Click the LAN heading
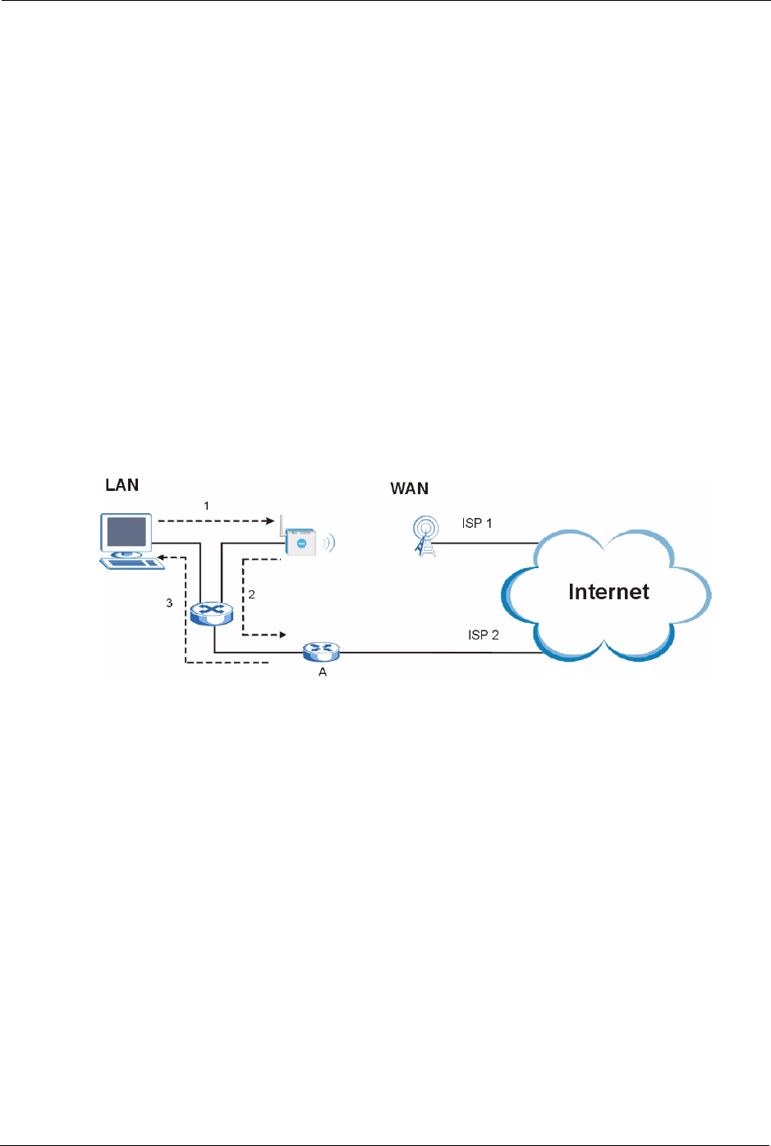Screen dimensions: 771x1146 point(122,485)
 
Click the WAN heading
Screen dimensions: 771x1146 point(409,488)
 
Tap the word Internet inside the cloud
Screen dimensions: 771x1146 point(608,592)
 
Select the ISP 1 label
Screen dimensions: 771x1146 point(477,524)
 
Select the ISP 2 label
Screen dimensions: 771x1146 point(483,635)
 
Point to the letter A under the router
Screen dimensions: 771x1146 point(323,672)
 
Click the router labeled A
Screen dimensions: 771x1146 point(321,651)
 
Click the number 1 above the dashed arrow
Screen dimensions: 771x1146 point(206,506)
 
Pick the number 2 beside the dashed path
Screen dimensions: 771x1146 point(251,594)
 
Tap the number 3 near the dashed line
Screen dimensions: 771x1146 point(169,603)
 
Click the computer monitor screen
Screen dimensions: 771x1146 point(126,532)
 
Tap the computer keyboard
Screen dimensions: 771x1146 point(132,563)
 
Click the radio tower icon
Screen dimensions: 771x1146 point(425,536)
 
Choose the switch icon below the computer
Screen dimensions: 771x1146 point(211,613)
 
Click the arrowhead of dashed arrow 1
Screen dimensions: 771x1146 point(271,520)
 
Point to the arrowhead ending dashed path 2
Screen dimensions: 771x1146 point(282,635)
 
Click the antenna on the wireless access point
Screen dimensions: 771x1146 point(282,525)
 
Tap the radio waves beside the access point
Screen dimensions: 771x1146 point(329,543)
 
